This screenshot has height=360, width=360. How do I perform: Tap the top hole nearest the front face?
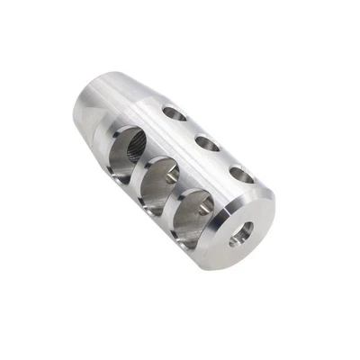(x=241, y=174)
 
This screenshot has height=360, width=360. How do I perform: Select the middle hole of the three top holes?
(x=207, y=142)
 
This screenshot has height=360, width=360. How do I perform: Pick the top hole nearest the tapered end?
(x=175, y=113)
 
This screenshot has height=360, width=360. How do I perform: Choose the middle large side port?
(x=157, y=183)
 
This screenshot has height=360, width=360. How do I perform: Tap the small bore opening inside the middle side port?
(x=169, y=179)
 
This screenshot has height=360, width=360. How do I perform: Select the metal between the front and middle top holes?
(x=224, y=158)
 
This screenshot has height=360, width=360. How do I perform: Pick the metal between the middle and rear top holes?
(x=191, y=128)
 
